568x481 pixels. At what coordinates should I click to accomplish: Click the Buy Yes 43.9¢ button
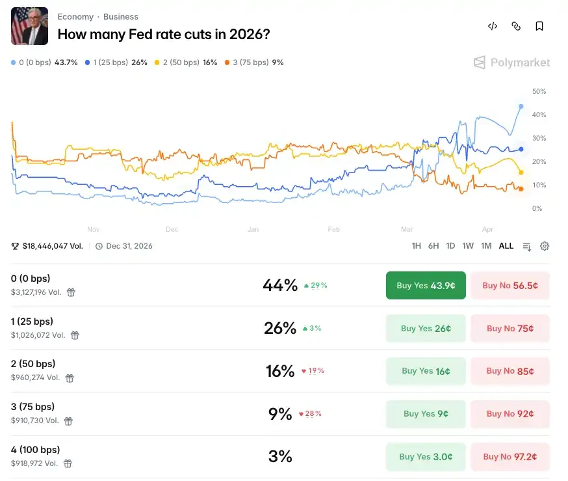426,285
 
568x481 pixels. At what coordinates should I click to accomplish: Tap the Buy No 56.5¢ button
510,285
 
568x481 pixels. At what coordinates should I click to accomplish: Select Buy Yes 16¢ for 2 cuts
426,371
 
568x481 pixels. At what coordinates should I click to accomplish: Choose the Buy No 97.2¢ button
510,457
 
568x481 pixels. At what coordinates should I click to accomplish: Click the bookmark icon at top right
539,27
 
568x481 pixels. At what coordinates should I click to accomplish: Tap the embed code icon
493,27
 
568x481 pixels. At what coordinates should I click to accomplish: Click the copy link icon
516,27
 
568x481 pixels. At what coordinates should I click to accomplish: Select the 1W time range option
468,246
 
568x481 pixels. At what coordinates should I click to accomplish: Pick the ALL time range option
506,246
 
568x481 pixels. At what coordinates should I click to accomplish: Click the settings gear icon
545,246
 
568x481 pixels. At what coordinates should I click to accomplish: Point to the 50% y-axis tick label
539,92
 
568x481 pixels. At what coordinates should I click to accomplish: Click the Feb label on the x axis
333,229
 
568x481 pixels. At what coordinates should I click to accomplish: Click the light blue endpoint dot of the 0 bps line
521,106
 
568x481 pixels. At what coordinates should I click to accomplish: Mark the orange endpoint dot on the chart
521,189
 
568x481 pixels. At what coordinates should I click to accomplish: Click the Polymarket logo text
520,62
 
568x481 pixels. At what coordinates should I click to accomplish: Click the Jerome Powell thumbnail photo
29,26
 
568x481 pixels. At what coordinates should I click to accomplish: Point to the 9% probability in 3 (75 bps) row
280,414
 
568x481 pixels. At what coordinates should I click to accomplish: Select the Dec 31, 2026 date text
129,246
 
